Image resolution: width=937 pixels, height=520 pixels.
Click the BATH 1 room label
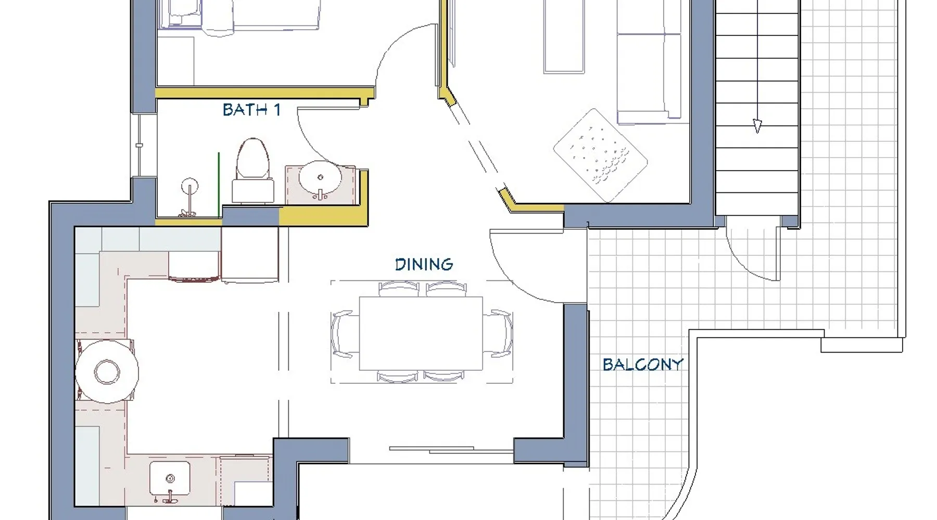251,110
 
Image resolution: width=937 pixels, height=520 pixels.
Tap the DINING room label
424,264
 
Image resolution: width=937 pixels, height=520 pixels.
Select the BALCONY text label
642,364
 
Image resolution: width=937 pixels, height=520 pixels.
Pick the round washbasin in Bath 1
320,178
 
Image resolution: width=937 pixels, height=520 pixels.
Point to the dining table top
421,333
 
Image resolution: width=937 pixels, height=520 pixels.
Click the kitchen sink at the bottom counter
170,478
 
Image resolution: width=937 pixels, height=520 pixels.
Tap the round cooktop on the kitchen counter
107,372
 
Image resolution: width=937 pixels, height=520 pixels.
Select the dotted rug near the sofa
600,155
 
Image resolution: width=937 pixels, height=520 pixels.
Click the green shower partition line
219,185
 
